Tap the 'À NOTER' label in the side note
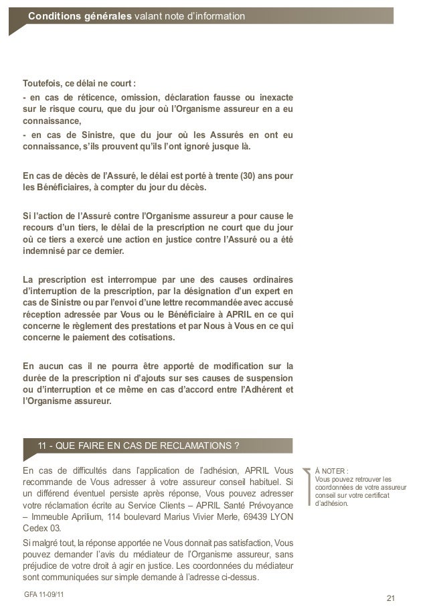pyautogui.click(x=332, y=470)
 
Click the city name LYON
pyautogui.click(x=281, y=519)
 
